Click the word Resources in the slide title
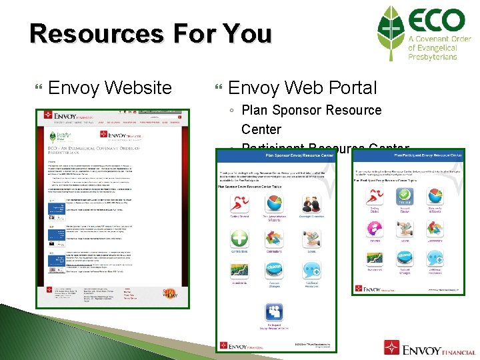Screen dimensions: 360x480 click(x=103, y=33)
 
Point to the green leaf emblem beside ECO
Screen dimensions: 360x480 click(x=391, y=33)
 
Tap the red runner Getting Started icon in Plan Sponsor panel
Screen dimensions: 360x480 click(x=239, y=203)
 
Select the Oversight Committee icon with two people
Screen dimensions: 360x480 click(x=311, y=203)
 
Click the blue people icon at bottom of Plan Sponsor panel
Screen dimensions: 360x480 click(x=274, y=311)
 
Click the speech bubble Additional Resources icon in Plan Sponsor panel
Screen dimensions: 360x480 click(x=311, y=271)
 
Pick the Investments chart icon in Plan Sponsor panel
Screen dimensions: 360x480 click(x=239, y=271)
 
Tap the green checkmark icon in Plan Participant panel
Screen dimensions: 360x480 click(x=403, y=196)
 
